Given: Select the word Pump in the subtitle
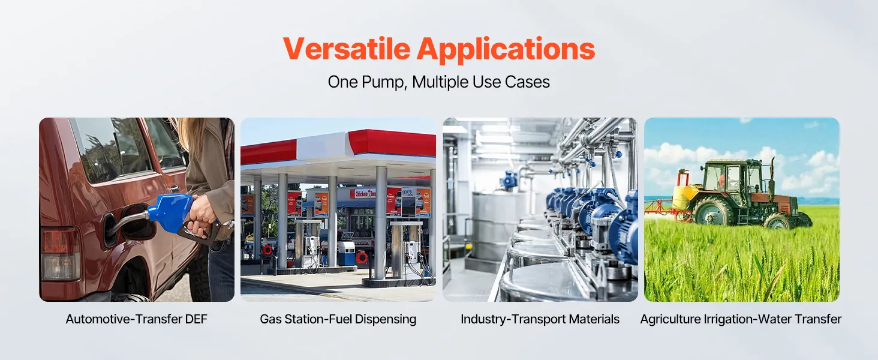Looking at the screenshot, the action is point(384,82).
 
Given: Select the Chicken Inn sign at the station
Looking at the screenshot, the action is point(365,193).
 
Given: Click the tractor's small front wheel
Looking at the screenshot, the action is point(778,221).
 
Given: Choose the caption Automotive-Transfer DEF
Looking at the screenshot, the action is point(136,319).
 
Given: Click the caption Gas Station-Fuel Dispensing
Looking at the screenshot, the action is point(338,319).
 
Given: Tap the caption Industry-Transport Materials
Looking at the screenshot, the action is point(540,319).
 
